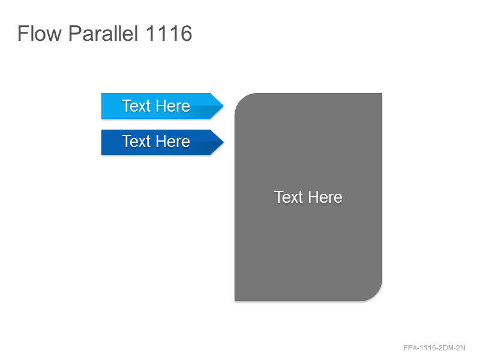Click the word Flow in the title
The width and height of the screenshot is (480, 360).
tap(40, 34)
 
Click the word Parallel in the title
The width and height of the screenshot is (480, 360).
tap(103, 34)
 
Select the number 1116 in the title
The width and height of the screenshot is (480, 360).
tap(169, 34)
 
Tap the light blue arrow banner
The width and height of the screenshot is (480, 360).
tap(162, 106)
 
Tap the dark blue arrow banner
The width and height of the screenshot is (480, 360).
tap(162, 142)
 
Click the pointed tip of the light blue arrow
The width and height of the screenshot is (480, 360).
tap(223, 106)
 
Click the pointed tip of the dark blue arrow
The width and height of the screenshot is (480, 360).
tap(223, 142)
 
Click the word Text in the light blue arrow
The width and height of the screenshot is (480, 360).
tap(136, 106)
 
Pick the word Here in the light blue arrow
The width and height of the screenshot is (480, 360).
tap(173, 106)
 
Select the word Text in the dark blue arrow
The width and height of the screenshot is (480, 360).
tap(136, 142)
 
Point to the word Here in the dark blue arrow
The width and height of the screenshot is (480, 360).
tap(173, 142)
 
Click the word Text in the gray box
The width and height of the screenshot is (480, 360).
tap(289, 197)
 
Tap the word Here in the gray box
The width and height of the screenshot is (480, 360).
tap(325, 197)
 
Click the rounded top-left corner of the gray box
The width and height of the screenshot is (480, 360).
tap(241, 100)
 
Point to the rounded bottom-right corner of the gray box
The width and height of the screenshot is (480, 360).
tap(376, 295)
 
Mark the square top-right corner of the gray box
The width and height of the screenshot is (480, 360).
tap(382, 94)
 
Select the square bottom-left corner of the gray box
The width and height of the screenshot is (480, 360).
tap(235, 301)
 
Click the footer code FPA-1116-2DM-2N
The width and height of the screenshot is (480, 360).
tap(434, 348)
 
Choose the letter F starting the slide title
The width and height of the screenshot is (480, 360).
tap(23, 34)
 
